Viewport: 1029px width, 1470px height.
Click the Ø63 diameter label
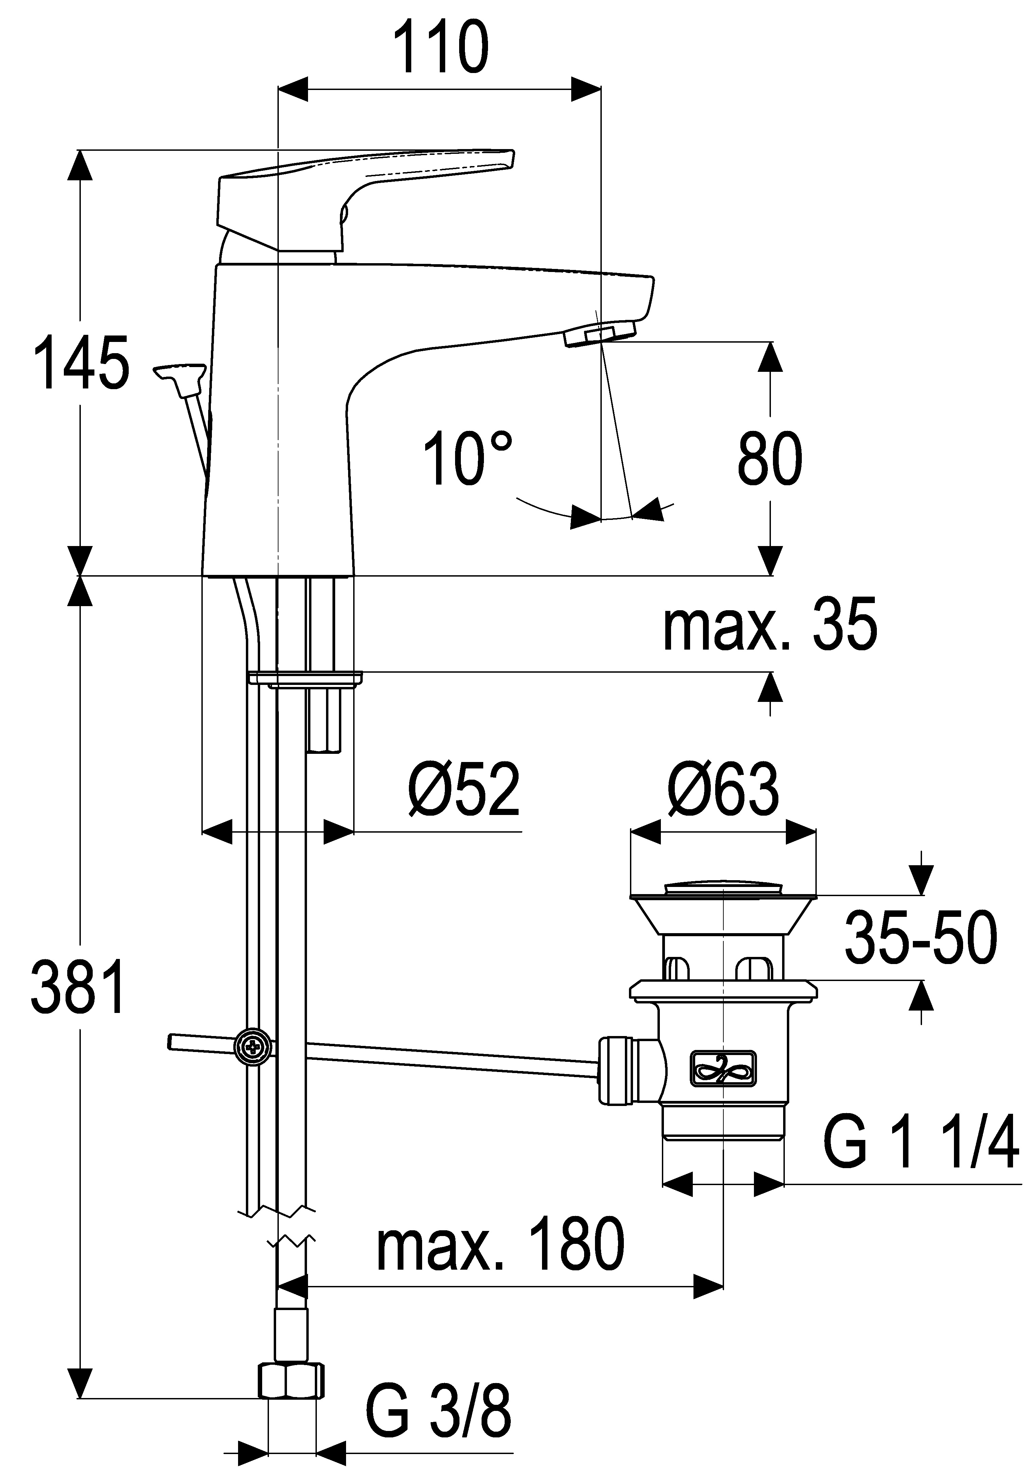coord(723,789)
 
